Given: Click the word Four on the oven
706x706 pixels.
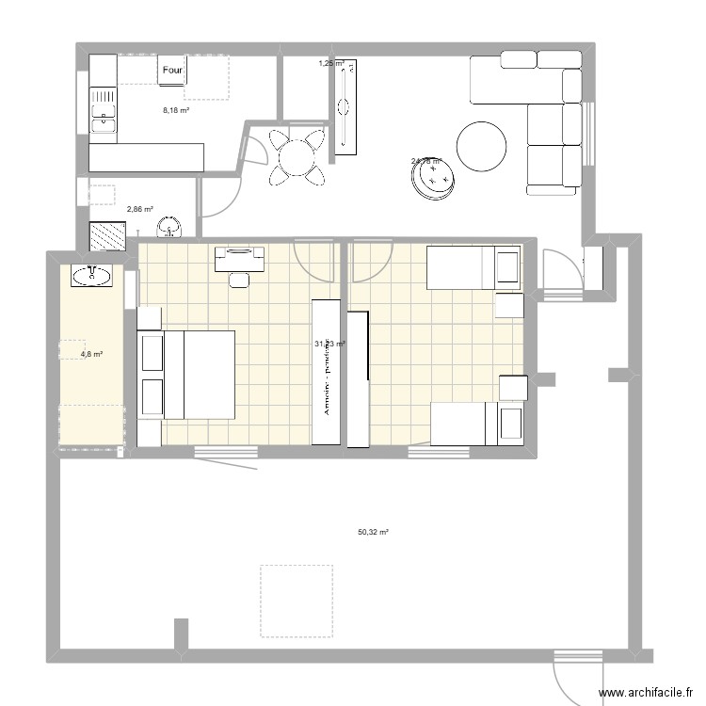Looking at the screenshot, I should (x=172, y=71).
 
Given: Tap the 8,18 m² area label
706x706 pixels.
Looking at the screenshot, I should (x=176, y=110).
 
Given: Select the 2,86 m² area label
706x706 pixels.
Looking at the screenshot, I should (x=140, y=210).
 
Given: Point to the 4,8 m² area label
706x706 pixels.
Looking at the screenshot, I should (x=91, y=355).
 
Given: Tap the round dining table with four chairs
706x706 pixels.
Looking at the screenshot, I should (x=297, y=155).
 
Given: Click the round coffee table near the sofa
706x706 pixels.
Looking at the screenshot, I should (x=481, y=147).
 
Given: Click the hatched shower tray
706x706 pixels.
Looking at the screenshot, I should (x=107, y=235).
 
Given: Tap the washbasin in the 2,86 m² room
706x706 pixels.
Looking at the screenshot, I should (x=169, y=227).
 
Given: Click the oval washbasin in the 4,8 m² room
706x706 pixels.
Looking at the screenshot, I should (x=90, y=276).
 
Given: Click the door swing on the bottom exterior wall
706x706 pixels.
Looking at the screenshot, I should (x=576, y=676).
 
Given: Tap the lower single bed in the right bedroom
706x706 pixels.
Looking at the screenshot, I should (x=476, y=424).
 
